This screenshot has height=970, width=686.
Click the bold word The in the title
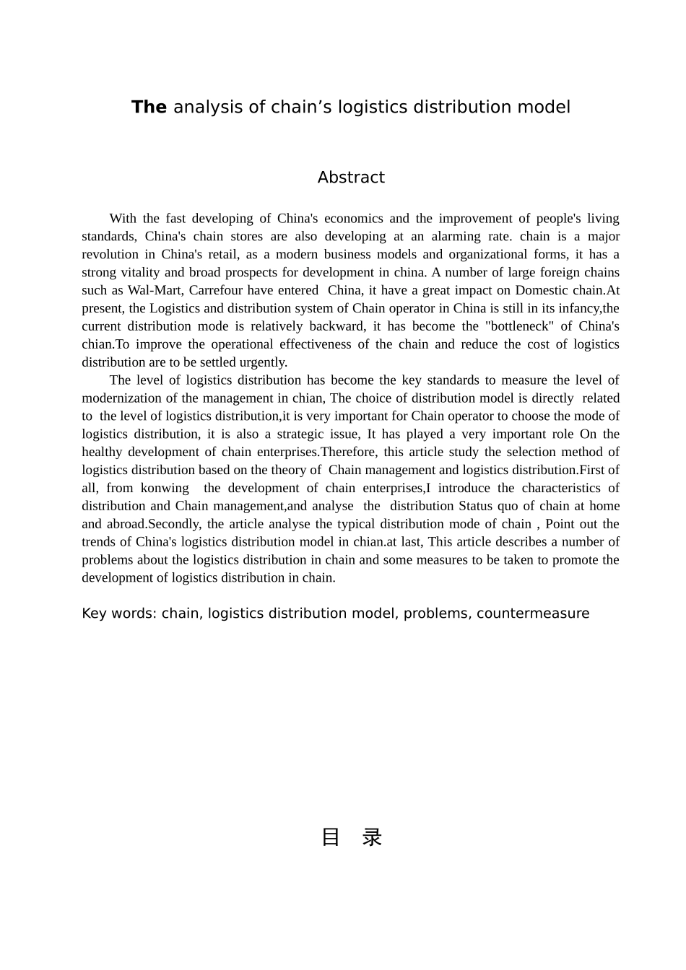point(149,108)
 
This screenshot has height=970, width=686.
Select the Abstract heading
point(351,178)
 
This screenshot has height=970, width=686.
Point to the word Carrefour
point(217,290)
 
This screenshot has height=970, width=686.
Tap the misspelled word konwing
point(165,488)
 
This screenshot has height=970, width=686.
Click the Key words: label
point(118,613)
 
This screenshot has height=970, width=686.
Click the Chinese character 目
point(330,837)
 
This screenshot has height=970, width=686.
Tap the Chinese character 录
point(372,837)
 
